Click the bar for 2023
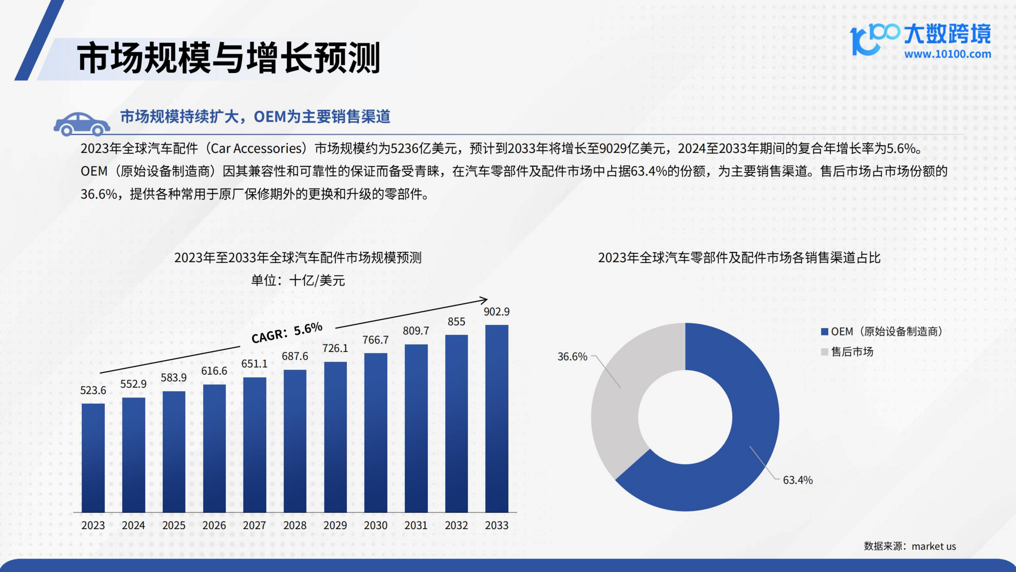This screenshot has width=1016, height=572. (x=93, y=458)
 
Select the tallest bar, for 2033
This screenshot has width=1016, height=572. (x=496, y=418)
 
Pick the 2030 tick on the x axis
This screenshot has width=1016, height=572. (x=375, y=525)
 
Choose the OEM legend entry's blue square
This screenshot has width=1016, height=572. (x=824, y=332)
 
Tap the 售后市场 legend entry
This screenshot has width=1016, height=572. (x=852, y=352)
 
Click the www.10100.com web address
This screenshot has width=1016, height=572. (x=947, y=54)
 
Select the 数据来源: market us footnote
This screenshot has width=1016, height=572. (x=910, y=546)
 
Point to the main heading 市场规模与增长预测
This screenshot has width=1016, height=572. (x=229, y=58)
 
